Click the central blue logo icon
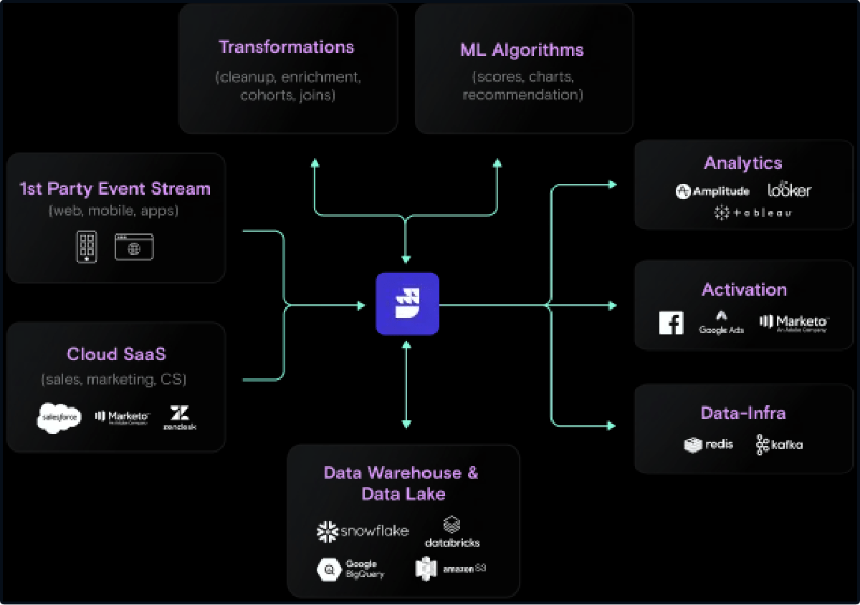click(x=407, y=304)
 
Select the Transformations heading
click(x=286, y=47)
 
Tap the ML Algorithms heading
click(x=522, y=49)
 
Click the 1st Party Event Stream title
click(x=115, y=189)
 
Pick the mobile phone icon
click(x=87, y=247)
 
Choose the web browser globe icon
click(x=134, y=247)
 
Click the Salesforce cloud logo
click(x=59, y=418)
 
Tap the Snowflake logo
click(x=363, y=531)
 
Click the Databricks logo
click(x=451, y=533)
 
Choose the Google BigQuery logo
click(x=350, y=569)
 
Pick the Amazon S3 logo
click(x=450, y=568)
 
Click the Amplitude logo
click(x=712, y=191)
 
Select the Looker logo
click(x=789, y=190)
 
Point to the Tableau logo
click(x=752, y=213)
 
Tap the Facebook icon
click(x=672, y=324)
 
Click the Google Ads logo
click(x=722, y=322)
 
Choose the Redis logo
click(x=709, y=445)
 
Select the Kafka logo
click(x=779, y=445)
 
